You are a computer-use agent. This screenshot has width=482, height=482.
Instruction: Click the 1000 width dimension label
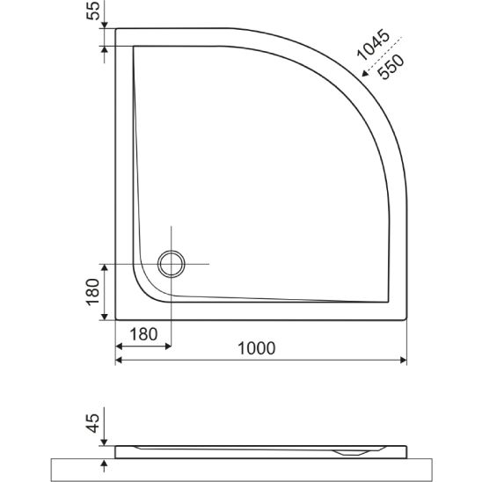(x=257, y=348)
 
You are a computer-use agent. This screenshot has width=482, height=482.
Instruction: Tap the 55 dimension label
(x=93, y=11)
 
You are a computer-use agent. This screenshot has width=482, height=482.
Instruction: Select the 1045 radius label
(x=374, y=45)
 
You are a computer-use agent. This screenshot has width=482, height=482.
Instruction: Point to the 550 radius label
(x=391, y=67)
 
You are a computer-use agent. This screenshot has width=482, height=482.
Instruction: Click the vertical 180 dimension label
(x=93, y=292)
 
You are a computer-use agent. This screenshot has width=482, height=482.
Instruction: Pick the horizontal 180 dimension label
(x=143, y=334)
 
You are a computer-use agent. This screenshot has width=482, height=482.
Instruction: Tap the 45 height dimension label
(x=93, y=423)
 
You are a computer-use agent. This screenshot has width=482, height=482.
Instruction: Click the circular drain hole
(x=172, y=264)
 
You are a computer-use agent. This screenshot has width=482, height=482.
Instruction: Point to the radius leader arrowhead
(x=365, y=73)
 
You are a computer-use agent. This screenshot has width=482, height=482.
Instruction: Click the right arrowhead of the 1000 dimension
(x=404, y=360)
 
